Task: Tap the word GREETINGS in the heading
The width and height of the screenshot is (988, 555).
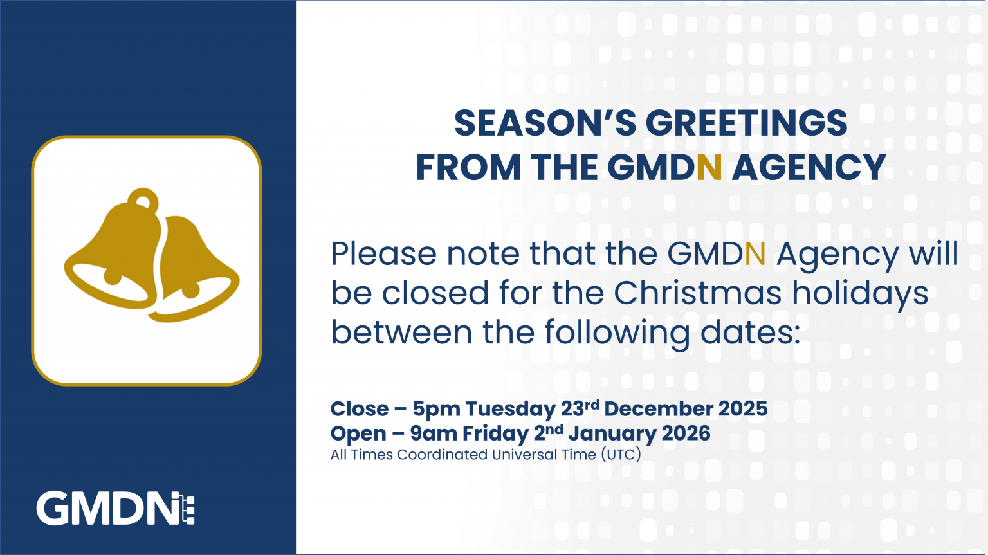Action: pos(746,123)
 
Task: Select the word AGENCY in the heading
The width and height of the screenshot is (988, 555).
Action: pos(809,168)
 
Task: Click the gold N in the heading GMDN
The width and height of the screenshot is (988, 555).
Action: pos(709,168)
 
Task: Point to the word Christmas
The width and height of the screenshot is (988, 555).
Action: pos(697,293)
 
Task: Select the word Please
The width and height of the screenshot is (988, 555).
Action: pos(383,254)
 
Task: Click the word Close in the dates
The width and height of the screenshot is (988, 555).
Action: pos(359,409)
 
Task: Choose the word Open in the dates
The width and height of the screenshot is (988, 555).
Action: pos(358,434)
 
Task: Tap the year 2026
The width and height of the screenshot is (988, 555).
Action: pos(686,433)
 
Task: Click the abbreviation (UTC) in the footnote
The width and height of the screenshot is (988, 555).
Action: pos(621,455)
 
